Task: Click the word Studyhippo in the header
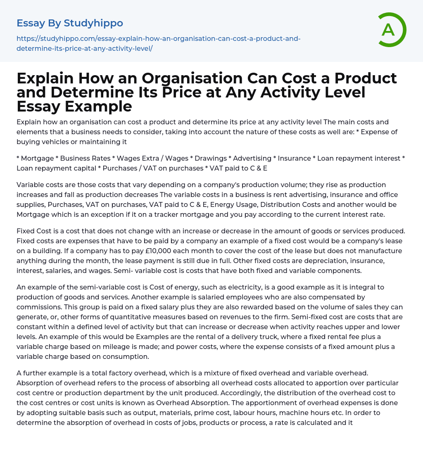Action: pyautogui.click(x=93, y=23)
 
